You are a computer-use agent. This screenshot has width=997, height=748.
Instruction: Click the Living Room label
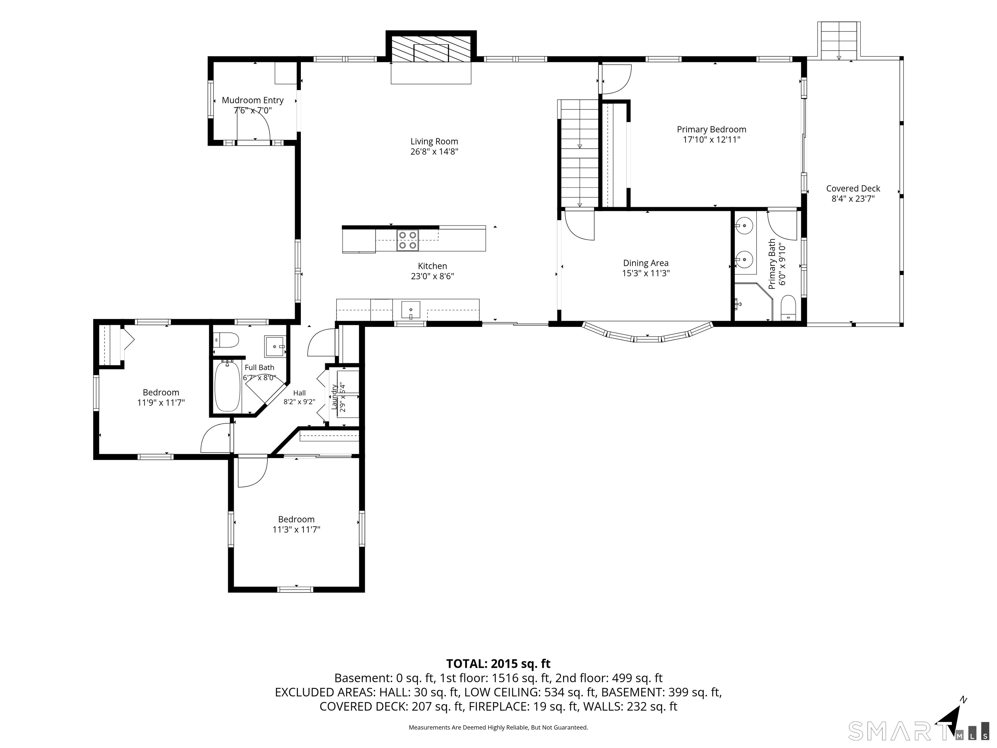click(434, 142)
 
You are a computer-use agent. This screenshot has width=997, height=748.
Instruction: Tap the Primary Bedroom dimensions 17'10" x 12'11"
click(712, 140)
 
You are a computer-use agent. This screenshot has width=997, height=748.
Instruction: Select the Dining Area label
click(646, 263)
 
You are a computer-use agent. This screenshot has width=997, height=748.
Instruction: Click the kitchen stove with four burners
click(407, 240)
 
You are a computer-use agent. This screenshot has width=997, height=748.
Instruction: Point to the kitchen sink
click(411, 310)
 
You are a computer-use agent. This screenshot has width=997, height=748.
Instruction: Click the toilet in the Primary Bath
click(788, 308)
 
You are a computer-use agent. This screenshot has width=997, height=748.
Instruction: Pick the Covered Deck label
click(853, 189)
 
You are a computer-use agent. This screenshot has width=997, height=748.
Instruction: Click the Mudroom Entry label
click(252, 100)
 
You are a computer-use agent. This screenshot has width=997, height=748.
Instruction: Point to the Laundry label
click(334, 397)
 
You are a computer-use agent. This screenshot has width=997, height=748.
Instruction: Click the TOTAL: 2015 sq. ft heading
click(498, 663)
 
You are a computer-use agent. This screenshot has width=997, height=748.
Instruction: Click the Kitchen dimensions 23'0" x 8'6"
click(432, 276)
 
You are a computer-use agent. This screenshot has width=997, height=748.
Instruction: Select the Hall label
click(299, 393)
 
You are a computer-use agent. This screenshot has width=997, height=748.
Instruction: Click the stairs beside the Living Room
click(579, 153)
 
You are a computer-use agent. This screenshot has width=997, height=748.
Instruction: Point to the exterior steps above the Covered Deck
click(839, 41)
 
